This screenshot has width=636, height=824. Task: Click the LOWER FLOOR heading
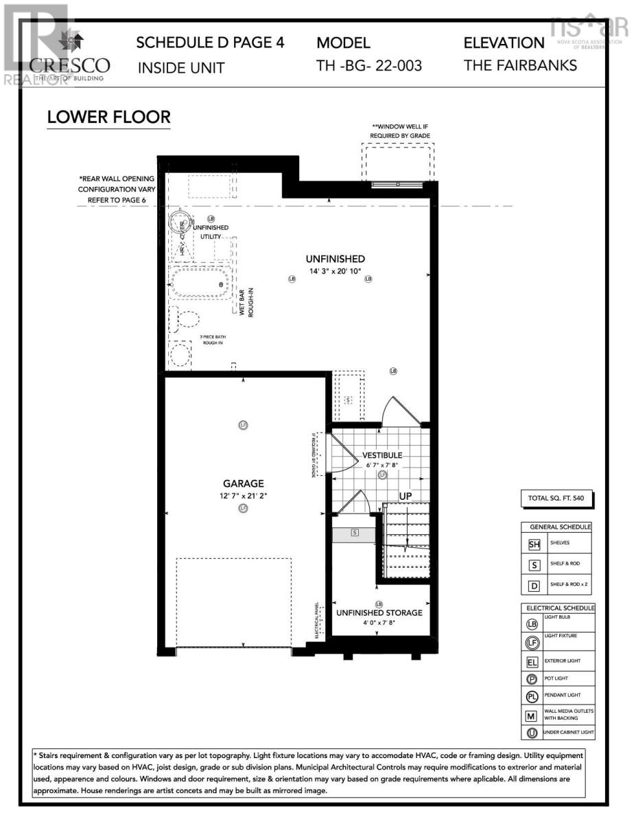tap(108, 117)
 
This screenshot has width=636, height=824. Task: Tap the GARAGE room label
tap(243, 483)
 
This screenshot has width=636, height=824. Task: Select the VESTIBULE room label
tap(382, 455)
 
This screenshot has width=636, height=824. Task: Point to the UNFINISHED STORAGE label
tap(379, 613)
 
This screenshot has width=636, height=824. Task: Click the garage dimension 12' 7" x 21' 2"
tap(243, 495)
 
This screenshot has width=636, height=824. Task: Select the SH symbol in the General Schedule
tap(534, 545)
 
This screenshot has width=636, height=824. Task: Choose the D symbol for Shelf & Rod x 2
tap(534, 586)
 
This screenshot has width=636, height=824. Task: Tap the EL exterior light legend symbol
tap(532, 663)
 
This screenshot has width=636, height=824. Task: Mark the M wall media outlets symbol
tap(532, 716)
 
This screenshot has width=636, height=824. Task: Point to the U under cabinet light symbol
tap(532, 733)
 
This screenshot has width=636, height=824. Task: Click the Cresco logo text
tap(69, 66)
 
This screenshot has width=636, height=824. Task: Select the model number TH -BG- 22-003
tap(369, 66)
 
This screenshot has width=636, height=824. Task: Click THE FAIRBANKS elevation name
tap(520, 66)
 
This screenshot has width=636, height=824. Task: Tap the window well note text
tap(400, 131)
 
